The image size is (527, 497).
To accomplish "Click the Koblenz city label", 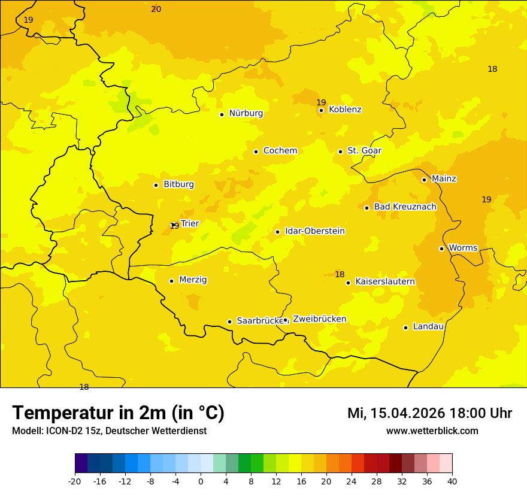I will pyautogui.click(x=345, y=110).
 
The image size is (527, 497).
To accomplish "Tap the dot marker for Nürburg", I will pyautogui.click(x=222, y=114).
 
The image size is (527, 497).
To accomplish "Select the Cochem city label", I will pyautogui.click(x=280, y=151).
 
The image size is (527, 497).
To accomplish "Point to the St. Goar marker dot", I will pyautogui.click(x=340, y=151).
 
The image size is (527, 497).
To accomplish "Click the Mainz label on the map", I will pyautogui.click(x=444, y=179).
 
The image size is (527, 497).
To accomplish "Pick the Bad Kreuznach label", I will pyautogui.click(x=405, y=207).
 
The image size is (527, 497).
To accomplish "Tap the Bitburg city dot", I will pyautogui.click(x=156, y=185).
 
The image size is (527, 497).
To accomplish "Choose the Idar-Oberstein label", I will pyautogui.click(x=314, y=231).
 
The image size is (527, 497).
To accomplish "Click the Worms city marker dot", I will pyautogui.click(x=441, y=249).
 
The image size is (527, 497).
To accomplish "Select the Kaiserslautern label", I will pyautogui.click(x=385, y=281).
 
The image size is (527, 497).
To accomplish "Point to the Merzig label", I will pyautogui.click(x=193, y=280).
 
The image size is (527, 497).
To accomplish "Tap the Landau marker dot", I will pyautogui.click(x=405, y=328).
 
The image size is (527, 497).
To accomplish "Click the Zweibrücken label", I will pyautogui.click(x=319, y=319).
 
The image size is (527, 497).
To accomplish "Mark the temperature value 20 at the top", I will pyautogui.click(x=156, y=9).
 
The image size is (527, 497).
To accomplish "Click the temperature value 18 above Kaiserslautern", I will pyautogui.click(x=340, y=274).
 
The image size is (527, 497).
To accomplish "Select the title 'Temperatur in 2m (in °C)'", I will pyautogui.click(x=118, y=413).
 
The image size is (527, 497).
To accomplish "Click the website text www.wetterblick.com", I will pyautogui.click(x=432, y=431).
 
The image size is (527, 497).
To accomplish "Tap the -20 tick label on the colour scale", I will pyautogui.click(x=75, y=481).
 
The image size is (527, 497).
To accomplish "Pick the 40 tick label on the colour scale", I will pyautogui.click(x=452, y=481).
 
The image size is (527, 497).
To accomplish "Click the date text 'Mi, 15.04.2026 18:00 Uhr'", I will pyautogui.click(x=429, y=413).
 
